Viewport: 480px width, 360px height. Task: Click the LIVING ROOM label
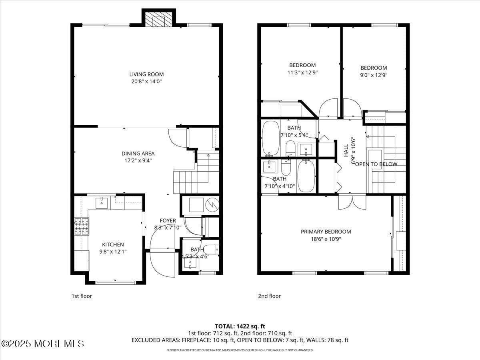click(146, 74)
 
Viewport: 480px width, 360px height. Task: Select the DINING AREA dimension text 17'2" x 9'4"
click(138, 160)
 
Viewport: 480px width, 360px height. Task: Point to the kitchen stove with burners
click(82, 226)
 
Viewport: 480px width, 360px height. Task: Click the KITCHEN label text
click(113, 244)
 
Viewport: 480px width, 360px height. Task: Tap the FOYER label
click(168, 220)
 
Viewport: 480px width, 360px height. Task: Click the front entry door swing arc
click(160, 264)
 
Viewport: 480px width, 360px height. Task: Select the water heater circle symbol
click(212, 205)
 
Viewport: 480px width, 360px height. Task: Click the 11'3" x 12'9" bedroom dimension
click(302, 72)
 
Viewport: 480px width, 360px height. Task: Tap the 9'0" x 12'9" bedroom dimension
click(374, 75)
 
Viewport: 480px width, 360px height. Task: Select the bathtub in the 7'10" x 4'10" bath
click(306, 176)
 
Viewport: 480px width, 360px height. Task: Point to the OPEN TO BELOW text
click(376, 164)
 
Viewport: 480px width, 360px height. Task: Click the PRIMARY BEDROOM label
click(326, 231)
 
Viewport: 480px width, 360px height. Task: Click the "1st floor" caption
click(82, 296)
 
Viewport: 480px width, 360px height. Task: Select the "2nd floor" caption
click(269, 296)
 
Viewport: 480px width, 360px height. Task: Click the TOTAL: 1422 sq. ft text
click(240, 326)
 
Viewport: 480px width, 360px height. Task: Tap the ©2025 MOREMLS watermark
click(43, 344)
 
